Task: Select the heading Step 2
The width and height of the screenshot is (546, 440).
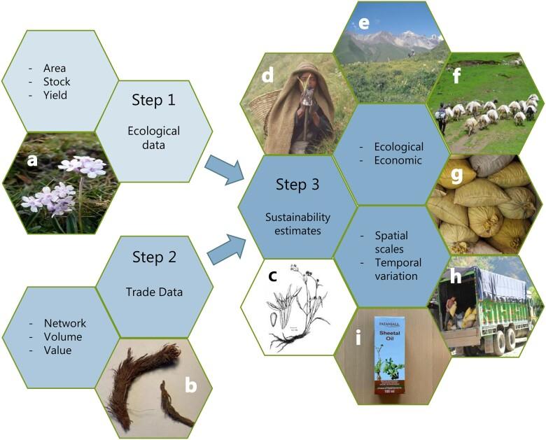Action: point(155,257)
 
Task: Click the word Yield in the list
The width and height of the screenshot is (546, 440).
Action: point(53,95)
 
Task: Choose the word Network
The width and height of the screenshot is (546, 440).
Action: point(65,323)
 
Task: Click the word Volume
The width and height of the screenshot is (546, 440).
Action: point(64,336)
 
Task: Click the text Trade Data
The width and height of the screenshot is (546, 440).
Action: point(155,293)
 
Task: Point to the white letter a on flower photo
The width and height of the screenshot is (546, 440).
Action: point(31,160)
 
